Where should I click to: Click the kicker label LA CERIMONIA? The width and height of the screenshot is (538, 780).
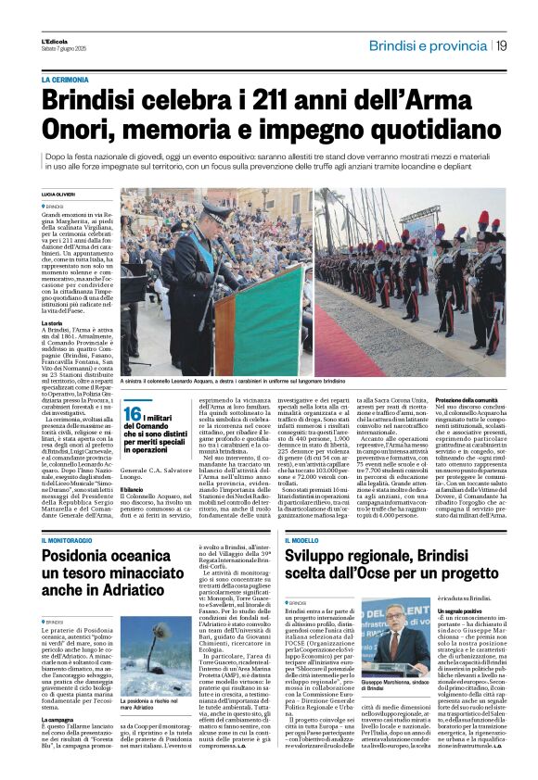point(66,81)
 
